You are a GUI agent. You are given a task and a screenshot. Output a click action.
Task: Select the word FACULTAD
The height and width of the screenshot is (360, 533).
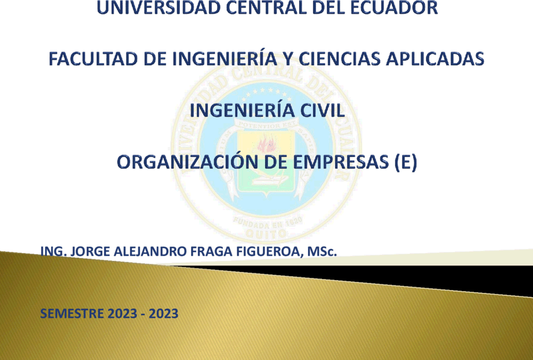[94, 59]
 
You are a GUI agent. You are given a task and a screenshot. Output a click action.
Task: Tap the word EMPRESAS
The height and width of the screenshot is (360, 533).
[340, 162]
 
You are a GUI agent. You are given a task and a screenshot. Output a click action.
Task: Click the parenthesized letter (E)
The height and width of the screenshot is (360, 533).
[405, 162]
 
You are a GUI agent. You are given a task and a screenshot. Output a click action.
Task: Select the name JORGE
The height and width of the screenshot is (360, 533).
[90, 252]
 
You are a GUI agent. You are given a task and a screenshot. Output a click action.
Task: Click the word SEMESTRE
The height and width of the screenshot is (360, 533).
[72, 314]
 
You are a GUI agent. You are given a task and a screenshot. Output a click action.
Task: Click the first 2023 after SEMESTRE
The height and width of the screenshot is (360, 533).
[122, 314]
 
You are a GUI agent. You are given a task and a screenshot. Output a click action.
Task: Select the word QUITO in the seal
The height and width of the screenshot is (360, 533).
[266, 234]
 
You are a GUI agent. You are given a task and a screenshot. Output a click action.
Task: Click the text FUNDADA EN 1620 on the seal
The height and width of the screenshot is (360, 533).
[267, 223]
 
